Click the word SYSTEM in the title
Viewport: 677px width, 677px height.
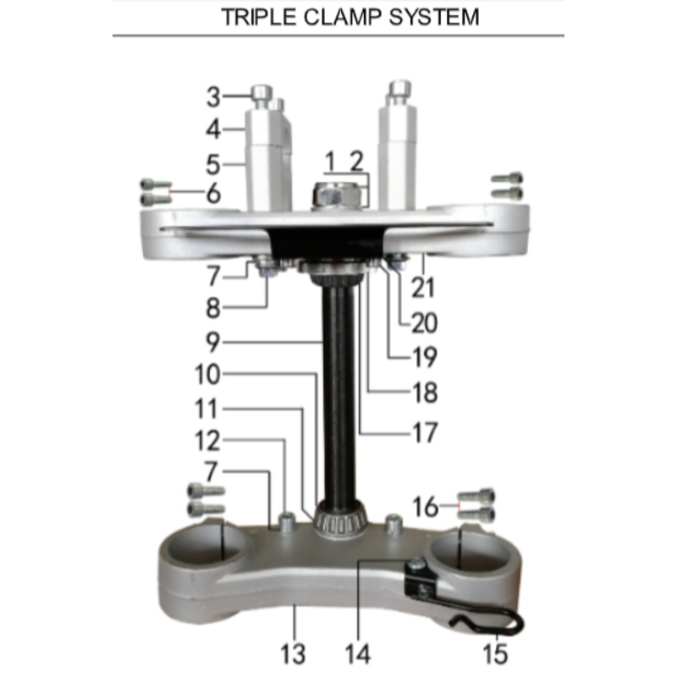(x=433, y=17)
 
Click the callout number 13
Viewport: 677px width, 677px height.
(x=293, y=652)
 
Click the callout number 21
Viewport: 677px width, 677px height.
(x=422, y=287)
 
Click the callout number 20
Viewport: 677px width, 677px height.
(x=422, y=322)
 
